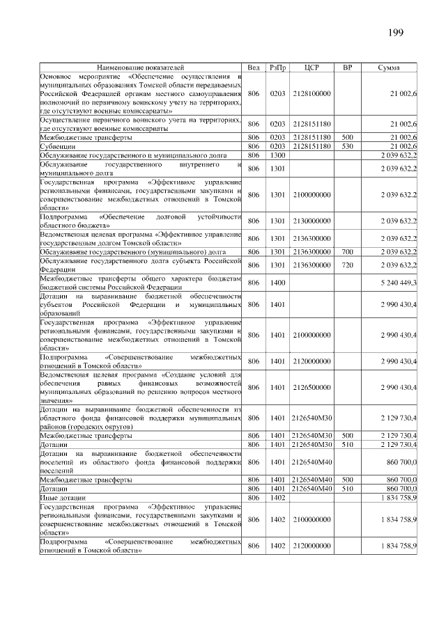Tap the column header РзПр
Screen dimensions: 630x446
pyautogui.click(x=277, y=68)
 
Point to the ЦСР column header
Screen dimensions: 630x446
pyautogui.click(x=312, y=68)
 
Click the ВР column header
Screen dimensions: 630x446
pyautogui.click(x=348, y=68)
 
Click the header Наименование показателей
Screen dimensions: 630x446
pyautogui.click(x=141, y=68)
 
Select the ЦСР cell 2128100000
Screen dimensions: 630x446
pyautogui.click(x=312, y=93)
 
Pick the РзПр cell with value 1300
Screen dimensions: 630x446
pyautogui.click(x=277, y=155)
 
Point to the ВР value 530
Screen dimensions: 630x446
pyautogui.click(x=348, y=147)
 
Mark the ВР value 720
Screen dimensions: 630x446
pyautogui.click(x=348, y=265)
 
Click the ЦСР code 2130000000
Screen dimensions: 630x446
pyautogui.click(x=312, y=221)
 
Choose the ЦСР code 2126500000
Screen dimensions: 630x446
pyautogui.click(x=312, y=387)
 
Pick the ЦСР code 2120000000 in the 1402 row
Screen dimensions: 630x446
pyautogui.click(x=312, y=546)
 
